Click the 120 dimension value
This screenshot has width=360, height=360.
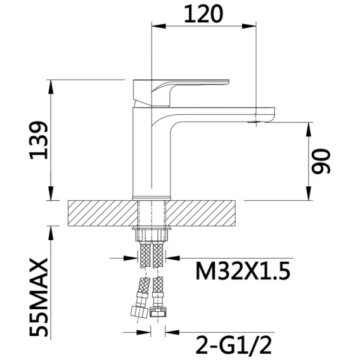pyautogui.click(x=203, y=14)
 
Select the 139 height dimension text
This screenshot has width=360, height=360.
pyautogui.click(x=39, y=140)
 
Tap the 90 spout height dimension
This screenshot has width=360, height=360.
pyautogui.click(x=321, y=161)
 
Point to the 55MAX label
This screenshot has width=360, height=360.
pyautogui.click(x=39, y=298)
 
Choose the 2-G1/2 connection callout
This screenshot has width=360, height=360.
pyautogui.click(x=234, y=345)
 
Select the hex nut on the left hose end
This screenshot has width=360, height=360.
pyautogui.click(x=138, y=312)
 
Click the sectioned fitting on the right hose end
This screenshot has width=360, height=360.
pyautogui.click(x=158, y=312)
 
